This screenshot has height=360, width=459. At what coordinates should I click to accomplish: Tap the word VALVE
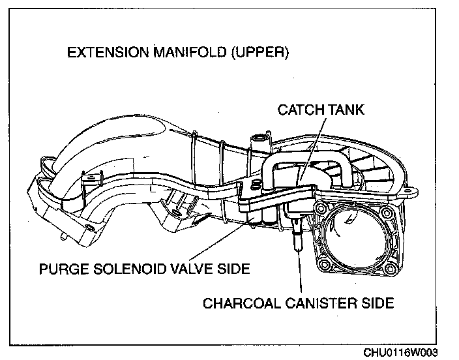(194, 269)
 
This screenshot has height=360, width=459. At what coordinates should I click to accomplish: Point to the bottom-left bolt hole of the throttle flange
(320, 268)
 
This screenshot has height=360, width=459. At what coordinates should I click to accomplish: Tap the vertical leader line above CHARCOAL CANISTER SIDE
(301, 274)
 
